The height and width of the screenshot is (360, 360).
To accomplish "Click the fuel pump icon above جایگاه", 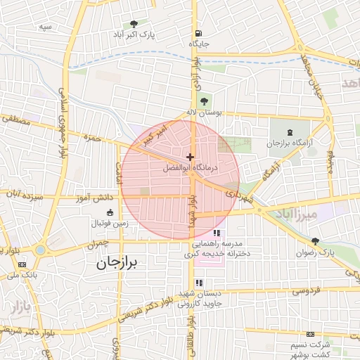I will [x=198, y=33].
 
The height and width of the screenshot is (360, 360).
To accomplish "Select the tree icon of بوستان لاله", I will [x=205, y=101].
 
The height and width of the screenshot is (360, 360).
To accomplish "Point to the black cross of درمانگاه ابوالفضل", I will [x=190, y=157].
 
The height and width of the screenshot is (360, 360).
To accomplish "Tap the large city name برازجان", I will [x=120, y=263].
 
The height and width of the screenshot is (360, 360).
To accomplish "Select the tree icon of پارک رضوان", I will [x=314, y=241].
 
